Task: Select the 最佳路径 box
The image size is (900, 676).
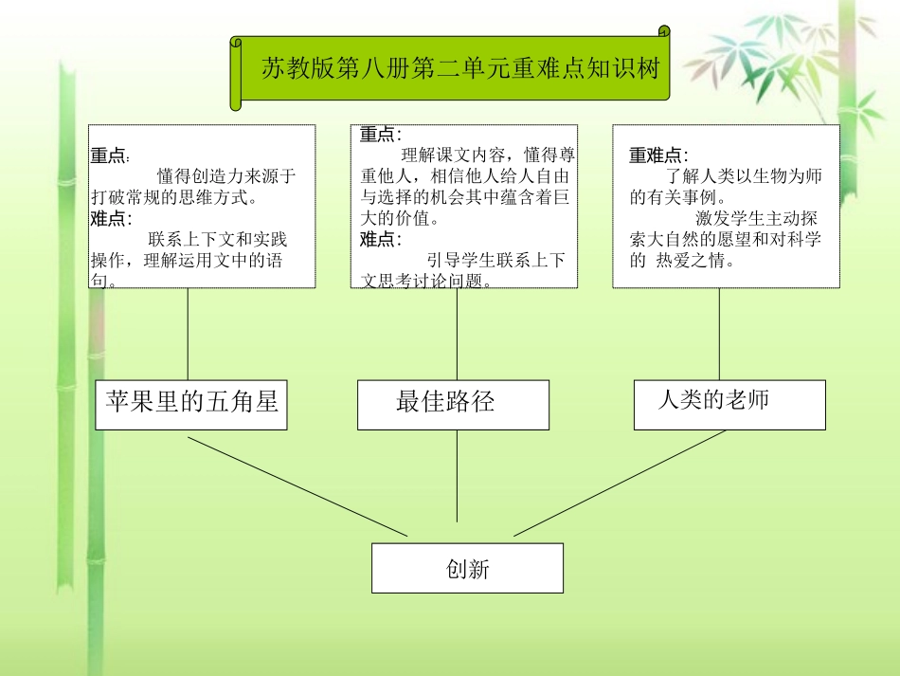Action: coord(453,404)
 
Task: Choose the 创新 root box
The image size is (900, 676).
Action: coord(467,568)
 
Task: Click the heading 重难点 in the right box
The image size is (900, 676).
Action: coord(657,155)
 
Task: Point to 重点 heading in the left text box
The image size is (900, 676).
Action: coord(110,155)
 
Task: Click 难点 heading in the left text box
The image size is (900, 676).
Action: coord(110,219)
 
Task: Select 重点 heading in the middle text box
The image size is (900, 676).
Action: coord(379,136)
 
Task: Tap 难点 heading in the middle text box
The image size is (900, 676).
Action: coord(379,240)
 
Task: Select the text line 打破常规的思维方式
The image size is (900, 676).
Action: coord(175,197)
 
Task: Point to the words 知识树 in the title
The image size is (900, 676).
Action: coord(630,69)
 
